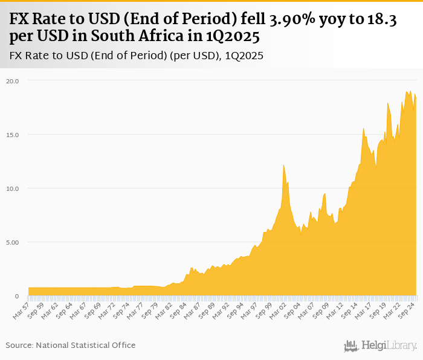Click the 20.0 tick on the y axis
point(13,80)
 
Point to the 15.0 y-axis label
point(13,134)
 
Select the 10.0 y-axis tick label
point(13,188)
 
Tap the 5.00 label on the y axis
point(13,242)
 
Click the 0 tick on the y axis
point(17,296)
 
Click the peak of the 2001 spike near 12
point(283,165)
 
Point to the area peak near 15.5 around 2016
point(364,128)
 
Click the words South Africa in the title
point(138,37)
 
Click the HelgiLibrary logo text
point(389,346)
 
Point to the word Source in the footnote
point(20,345)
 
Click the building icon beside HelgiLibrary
point(351,346)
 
